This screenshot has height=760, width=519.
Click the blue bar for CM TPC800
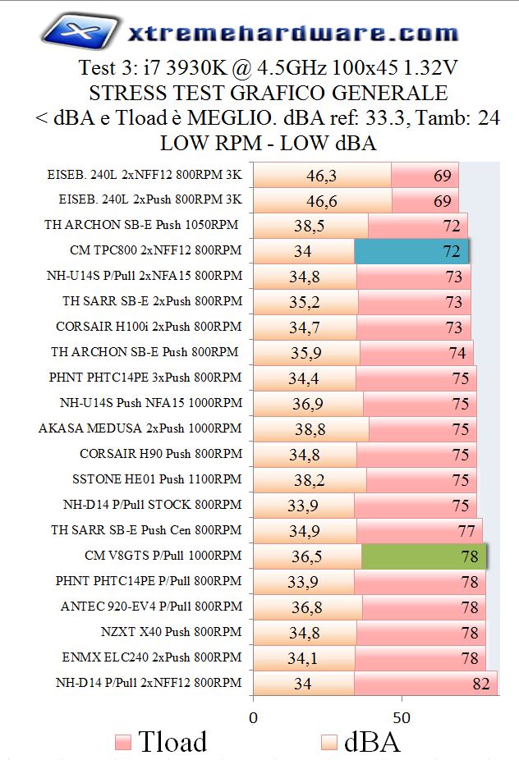pyautogui.click(x=411, y=251)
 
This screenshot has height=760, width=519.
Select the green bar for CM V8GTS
pyautogui.click(x=424, y=556)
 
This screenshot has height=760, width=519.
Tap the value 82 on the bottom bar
pyautogui.click(x=482, y=683)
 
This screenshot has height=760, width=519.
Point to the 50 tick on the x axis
pyautogui.click(x=402, y=717)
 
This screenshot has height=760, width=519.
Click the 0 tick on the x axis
pyautogui.click(x=253, y=717)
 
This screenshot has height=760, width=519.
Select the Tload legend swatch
pyautogui.click(x=123, y=743)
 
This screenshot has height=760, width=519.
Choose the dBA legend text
pyautogui.click(x=371, y=742)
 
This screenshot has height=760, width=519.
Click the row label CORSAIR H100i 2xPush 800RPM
pyautogui.click(x=149, y=326)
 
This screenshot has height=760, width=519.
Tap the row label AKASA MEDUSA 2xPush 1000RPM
pyautogui.click(x=140, y=428)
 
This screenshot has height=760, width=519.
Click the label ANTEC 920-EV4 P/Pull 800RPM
pyautogui.click(x=151, y=607)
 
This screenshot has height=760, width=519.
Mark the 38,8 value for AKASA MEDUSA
pyautogui.click(x=309, y=429)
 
